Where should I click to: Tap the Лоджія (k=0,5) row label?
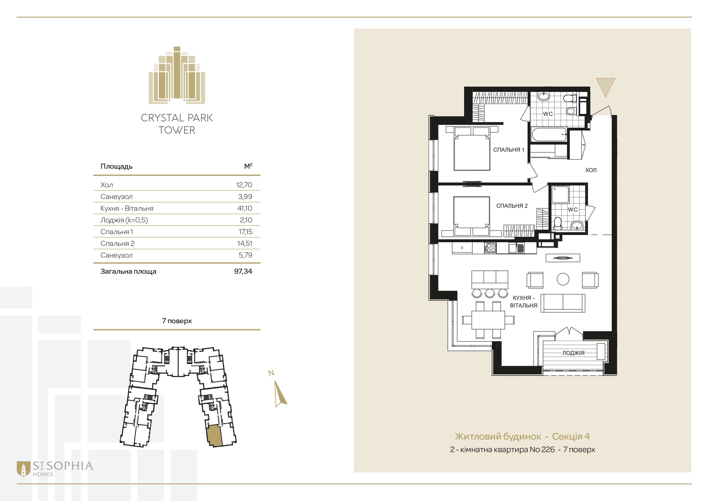pyautogui.click(x=124, y=220)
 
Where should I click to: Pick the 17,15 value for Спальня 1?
pyautogui.click(x=245, y=232)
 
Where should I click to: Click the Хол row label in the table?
pyautogui.click(x=107, y=185)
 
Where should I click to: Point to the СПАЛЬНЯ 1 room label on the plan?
pyautogui.click(x=509, y=150)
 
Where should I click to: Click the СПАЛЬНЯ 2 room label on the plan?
pyautogui.click(x=512, y=206)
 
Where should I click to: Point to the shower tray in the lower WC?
pyautogui.click(x=560, y=195)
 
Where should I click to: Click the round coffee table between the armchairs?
pyautogui.click(x=563, y=279)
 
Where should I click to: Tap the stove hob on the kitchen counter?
pyautogui.click(x=490, y=248)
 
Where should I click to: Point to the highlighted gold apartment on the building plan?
pyautogui.click(x=214, y=436)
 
